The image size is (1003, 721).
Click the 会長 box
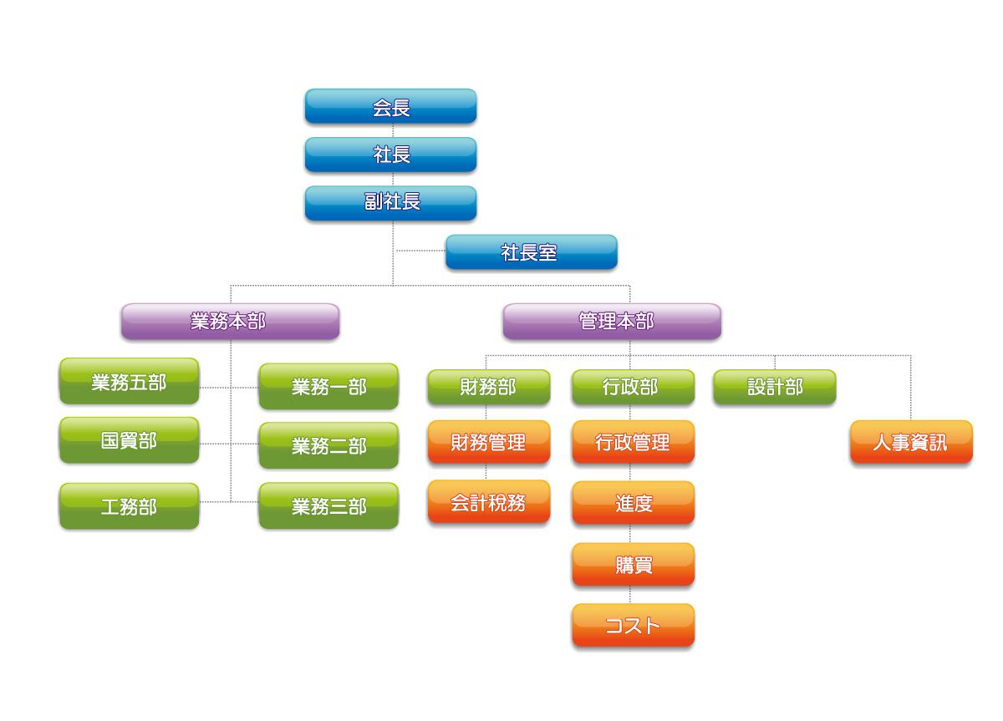pos(390,107)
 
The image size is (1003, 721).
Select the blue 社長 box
pos(390,155)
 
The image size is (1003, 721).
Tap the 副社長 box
pos(390,203)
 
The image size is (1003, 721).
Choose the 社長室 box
pos(531,252)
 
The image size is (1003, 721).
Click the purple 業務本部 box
pos(230,322)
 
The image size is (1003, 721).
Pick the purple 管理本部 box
pos(612,322)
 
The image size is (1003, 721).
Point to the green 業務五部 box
pos(129,382)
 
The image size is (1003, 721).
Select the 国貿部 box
pos(129,440)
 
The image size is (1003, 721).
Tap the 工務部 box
pos(129,506)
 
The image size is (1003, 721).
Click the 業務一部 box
pos(328,387)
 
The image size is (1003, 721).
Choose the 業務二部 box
pos(328,446)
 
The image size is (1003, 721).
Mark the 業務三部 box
pos(328,506)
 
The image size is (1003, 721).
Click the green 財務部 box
pos(489,388)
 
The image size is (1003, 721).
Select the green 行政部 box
pos(633,388)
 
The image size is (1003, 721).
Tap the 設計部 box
pos(775,388)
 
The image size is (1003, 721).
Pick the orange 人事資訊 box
pos(911,442)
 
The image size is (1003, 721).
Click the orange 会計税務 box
pos(489,502)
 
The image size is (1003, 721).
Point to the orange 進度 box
pos(633,503)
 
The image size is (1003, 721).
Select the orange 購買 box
pos(633,565)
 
